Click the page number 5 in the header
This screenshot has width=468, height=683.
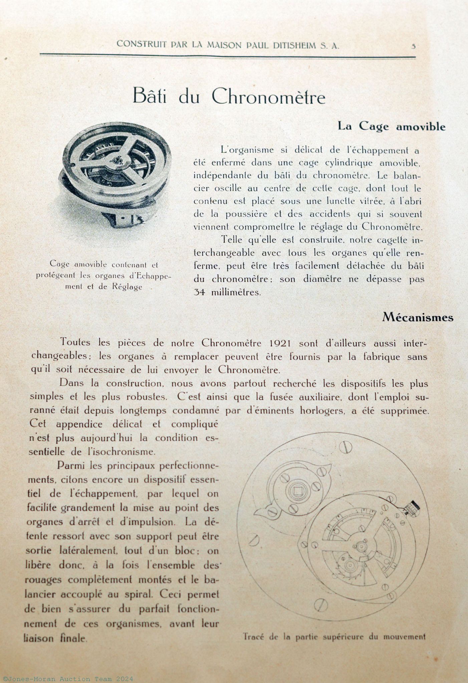coord(413,46)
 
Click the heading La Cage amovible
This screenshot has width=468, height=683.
coord(392,127)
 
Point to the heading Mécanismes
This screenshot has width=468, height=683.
coord(418,317)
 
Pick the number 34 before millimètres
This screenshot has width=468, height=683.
coord(199,292)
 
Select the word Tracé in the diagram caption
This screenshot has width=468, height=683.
coord(255,636)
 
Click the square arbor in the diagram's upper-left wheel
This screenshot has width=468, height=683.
coord(296,491)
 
